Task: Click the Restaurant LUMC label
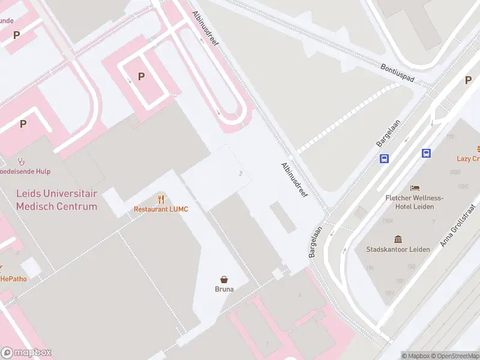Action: (x=161, y=209)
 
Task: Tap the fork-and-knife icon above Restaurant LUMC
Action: (x=161, y=199)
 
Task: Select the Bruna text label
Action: (x=224, y=289)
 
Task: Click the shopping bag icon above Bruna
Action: (x=224, y=279)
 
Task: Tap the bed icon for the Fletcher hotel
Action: (x=414, y=188)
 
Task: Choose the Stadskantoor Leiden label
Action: (x=397, y=249)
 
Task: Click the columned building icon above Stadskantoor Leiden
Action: (x=397, y=239)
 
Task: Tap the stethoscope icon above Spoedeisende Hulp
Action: (x=22, y=161)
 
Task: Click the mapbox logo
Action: (x=26, y=353)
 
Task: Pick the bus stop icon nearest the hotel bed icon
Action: (x=427, y=153)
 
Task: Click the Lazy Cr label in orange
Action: (x=468, y=158)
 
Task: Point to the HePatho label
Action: (x=13, y=278)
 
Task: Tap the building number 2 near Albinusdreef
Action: (x=241, y=173)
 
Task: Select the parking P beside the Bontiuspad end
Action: (x=468, y=80)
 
